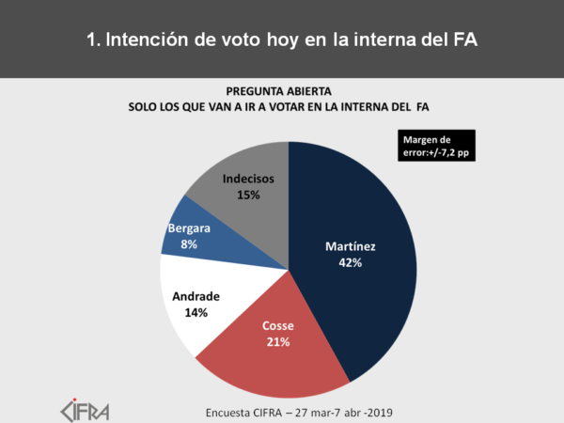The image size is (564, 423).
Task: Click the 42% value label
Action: (x=350, y=263)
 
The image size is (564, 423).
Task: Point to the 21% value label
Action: (x=277, y=342)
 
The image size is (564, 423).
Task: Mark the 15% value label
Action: (x=248, y=195)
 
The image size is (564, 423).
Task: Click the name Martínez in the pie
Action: (x=350, y=247)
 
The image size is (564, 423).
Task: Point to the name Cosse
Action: (x=277, y=326)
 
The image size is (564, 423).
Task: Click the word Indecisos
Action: (x=248, y=179)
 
